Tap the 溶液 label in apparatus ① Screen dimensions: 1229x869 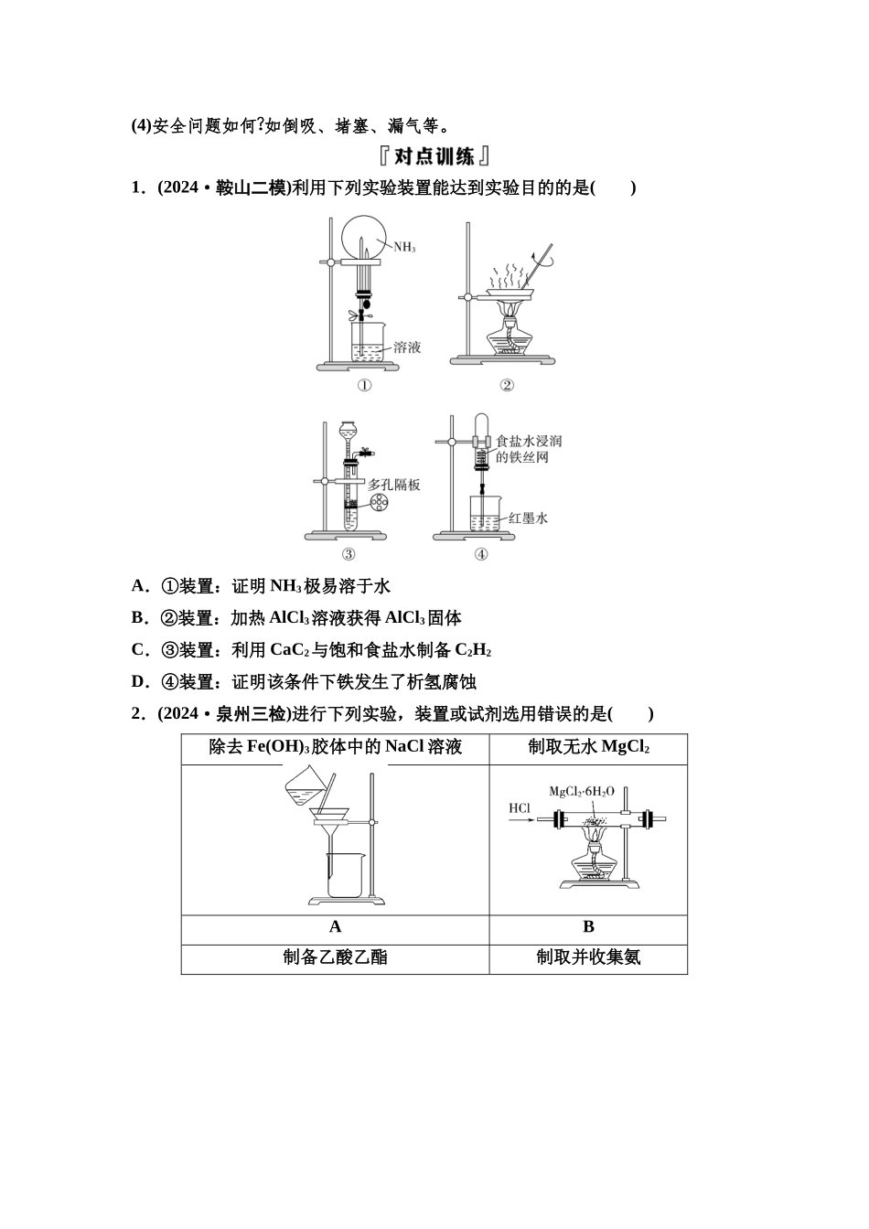(407, 347)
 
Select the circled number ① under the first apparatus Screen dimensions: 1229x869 (364, 385)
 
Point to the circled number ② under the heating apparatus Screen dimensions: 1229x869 (506, 385)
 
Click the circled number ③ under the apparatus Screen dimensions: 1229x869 (349, 553)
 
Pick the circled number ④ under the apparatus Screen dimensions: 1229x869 (481, 553)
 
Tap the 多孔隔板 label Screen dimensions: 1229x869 (394, 485)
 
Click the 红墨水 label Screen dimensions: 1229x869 (528, 518)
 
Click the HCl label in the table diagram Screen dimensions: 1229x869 (520, 807)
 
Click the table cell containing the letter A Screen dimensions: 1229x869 (335, 927)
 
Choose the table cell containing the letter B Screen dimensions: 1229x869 (588, 927)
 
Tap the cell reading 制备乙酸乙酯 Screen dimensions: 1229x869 (335, 957)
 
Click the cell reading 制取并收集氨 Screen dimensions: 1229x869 (588, 957)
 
